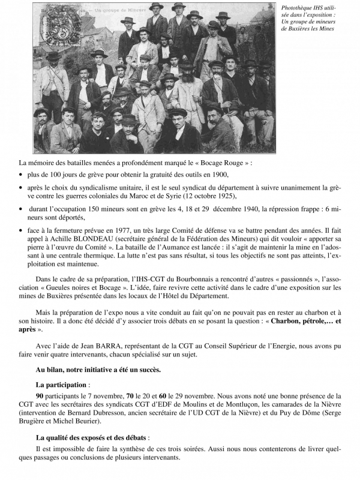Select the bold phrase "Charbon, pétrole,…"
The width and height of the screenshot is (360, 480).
pos(300,320)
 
